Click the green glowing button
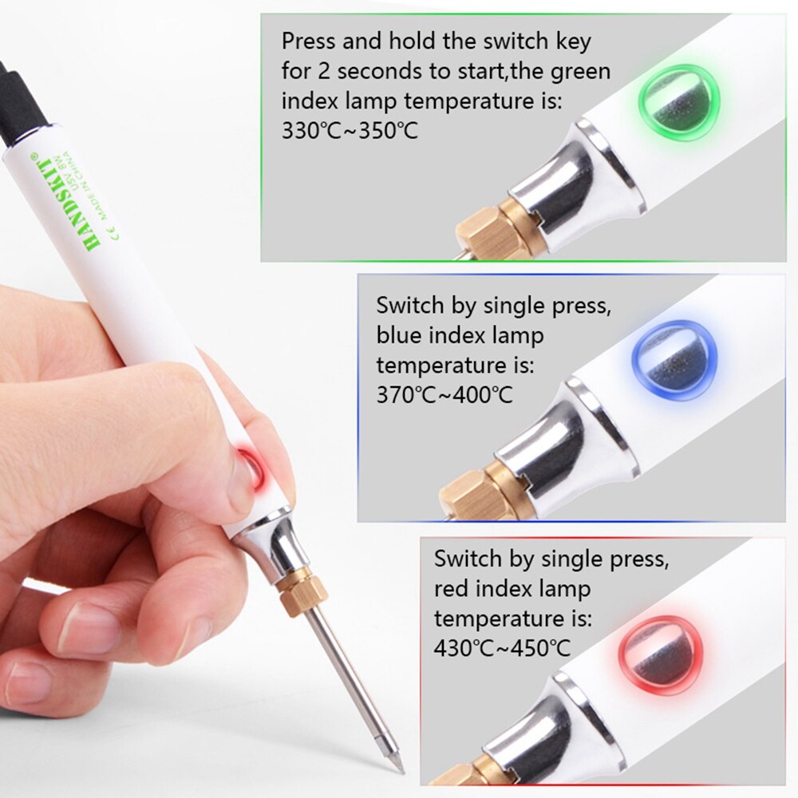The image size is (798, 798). [678, 102]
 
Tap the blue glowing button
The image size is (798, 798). [671, 360]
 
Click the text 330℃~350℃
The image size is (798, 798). [350, 131]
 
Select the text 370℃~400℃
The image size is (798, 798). [444, 394]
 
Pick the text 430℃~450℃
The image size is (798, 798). [502, 648]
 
